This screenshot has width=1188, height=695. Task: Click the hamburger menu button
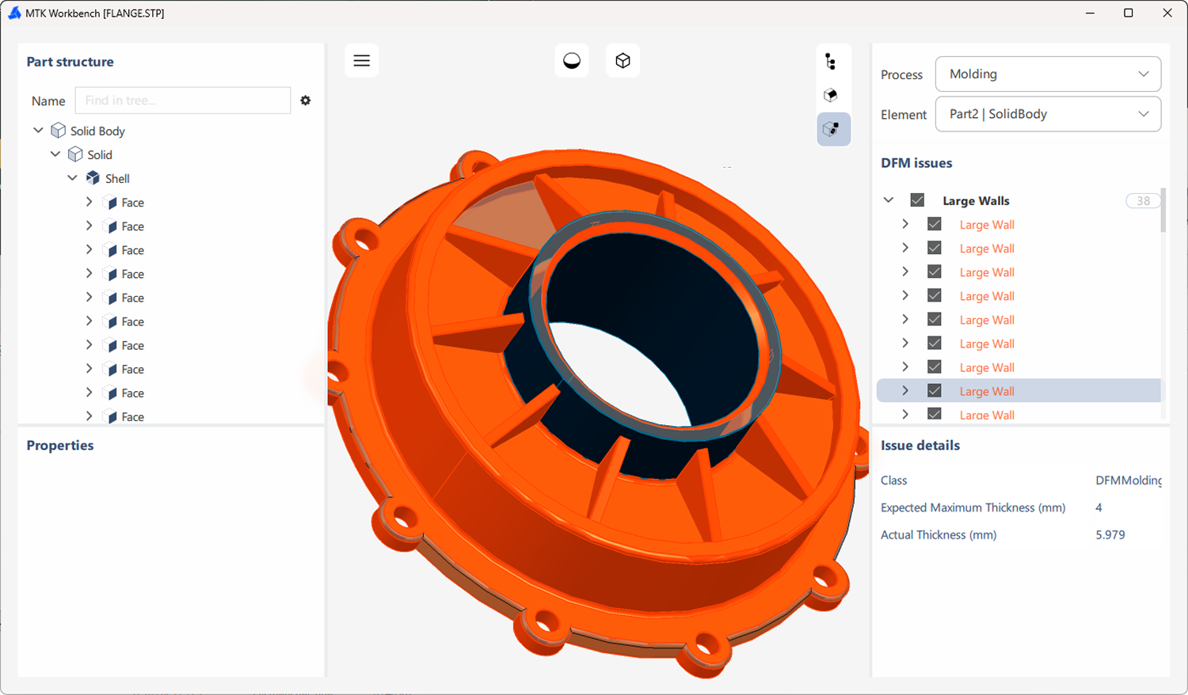point(361,61)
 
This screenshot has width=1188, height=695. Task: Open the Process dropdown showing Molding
point(1048,74)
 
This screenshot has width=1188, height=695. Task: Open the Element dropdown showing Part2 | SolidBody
point(1048,114)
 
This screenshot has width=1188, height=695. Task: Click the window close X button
point(1167,13)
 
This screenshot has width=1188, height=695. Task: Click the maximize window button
point(1128,13)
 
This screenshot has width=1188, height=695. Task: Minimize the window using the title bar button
point(1090,13)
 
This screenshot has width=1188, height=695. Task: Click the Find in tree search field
point(182,101)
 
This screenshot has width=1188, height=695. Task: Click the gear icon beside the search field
point(306,101)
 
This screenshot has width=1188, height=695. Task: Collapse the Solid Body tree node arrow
point(38,131)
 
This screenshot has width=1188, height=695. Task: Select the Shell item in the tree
point(117,179)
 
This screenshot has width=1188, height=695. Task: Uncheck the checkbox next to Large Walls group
point(917,200)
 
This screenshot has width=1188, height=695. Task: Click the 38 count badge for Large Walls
point(1143,201)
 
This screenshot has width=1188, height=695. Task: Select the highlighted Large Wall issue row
point(986,391)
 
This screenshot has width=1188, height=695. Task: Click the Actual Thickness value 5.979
point(1110,535)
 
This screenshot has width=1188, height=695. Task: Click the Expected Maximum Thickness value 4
point(1099,508)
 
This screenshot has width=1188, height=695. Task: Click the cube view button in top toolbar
point(623,61)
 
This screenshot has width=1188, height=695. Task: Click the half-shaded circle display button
point(572,61)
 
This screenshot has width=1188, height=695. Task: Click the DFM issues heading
point(916,163)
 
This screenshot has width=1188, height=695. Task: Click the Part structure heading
point(70,62)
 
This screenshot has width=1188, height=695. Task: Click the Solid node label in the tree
point(100,155)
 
